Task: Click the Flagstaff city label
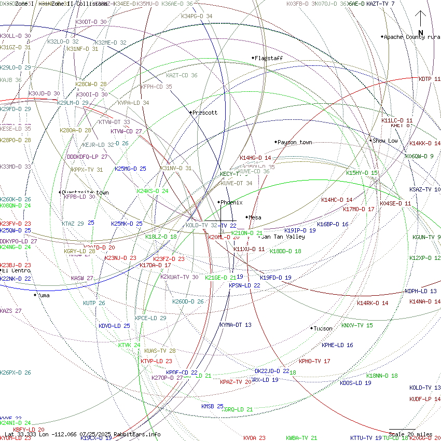coord(269,58)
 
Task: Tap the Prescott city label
coord(205,113)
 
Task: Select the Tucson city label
coord(323,328)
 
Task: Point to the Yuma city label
coord(44,295)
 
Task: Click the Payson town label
coord(295,142)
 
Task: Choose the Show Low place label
coord(385,141)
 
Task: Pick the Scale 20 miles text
coord(410,434)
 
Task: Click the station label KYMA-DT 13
coord(236,325)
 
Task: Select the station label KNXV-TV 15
coord(357,325)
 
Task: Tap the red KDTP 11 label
coord(429,79)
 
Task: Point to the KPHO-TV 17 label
coord(314,361)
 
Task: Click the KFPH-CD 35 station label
coord(156,87)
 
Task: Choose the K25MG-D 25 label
coord(130,169)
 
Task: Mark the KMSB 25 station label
coord(212,406)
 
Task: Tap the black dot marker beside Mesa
coord(246,217)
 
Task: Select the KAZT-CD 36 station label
coord(182,75)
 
